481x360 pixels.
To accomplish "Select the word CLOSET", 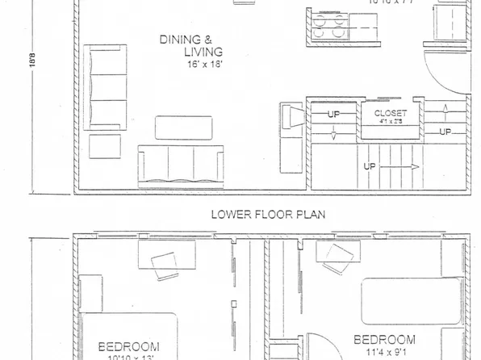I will (x=391, y=114).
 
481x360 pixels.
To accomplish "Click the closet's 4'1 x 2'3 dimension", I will (x=391, y=123).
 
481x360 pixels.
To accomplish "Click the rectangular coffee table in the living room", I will (x=183, y=128).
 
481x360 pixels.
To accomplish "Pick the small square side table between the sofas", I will (x=104, y=145).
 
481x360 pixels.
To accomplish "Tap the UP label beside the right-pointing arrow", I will (x=370, y=167).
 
